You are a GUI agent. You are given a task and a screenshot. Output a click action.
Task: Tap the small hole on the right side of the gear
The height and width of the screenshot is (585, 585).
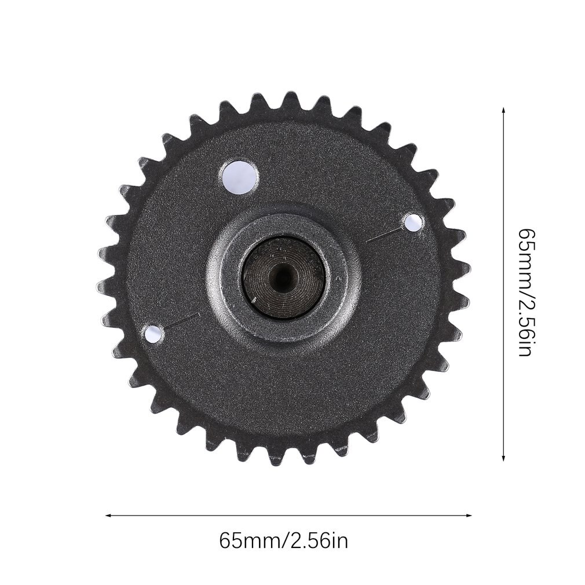(414, 222)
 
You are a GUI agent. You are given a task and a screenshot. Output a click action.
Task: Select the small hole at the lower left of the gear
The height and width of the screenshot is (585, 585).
(153, 334)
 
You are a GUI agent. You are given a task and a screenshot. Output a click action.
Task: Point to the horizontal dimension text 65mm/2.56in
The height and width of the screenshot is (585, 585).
(284, 541)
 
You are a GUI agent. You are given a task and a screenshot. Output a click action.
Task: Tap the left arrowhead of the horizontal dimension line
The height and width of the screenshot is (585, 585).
(108, 515)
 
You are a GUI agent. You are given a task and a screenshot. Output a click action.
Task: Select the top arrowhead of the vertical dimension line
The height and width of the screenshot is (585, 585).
(504, 111)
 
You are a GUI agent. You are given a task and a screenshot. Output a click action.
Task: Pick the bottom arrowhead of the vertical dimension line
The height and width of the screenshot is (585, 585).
(504, 458)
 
